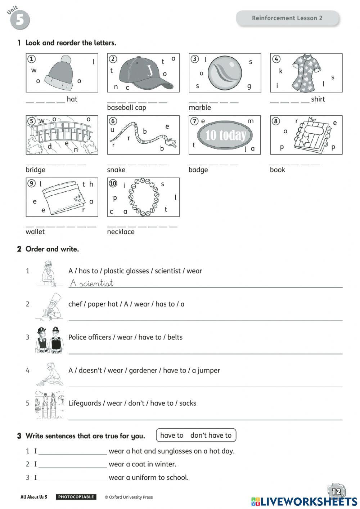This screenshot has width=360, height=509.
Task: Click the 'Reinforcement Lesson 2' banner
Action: coord(287,18)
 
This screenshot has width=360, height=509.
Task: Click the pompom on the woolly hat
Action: coord(66,59)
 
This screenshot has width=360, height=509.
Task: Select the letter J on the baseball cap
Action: coord(150,70)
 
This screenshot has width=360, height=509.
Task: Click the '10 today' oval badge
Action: coord(225,135)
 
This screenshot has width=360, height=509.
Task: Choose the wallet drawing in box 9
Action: coord(64,198)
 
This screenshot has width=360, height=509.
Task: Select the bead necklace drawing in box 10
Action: coord(144,197)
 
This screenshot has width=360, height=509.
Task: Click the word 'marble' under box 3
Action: coord(200,107)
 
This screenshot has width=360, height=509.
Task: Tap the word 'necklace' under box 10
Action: coord(121,232)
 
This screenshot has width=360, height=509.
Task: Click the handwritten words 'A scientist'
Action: coord(92,283)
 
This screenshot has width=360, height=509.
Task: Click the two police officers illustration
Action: coord(50,340)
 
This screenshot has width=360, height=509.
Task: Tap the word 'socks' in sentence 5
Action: coord(188,403)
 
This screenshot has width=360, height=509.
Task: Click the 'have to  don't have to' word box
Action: coord(196,435)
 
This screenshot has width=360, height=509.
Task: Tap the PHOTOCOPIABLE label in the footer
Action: coord(76,497)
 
